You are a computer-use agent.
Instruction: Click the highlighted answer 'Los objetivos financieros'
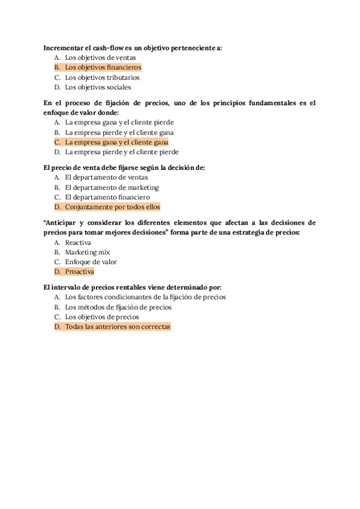pyautogui.click(x=103, y=68)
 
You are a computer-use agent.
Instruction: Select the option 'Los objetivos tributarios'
pyautogui.click(x=102, y=77)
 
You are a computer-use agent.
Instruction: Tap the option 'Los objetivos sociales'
pyautogui.click(x=98, y=87)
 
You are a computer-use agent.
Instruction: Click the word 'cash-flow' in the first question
pyautogui.click(x=110, y=48)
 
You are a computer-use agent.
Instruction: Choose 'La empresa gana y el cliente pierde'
pyautogui.click(x=119, y=122)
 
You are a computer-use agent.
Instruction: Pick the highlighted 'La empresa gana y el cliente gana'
pyautogui.click(x=116, y=142)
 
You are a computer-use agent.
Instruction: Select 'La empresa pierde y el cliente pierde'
pyautogui.click(x=122, y=152)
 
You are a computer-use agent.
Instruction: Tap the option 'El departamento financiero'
pyautogui.click(x=107, y=197)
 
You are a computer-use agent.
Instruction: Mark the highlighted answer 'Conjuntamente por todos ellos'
pyautogui.click(x=113, y=207)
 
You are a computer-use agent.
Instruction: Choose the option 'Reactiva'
pyautogui.click(x=78, y=242)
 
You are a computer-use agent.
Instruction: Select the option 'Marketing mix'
pyautogui.click(x=88, y=252)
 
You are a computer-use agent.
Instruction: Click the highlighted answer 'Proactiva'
pyautogui.click(x=80, y=272)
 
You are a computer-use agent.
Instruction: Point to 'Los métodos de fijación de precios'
pyautogui.click(x=118, y=307)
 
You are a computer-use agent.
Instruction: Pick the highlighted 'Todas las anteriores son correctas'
pyautogui.click(x=118, y=327)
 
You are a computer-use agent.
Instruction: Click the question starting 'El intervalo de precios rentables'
pyautogui.click(x=133, y=288)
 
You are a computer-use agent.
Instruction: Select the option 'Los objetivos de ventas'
pyautogui.click(x=100, y=58)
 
